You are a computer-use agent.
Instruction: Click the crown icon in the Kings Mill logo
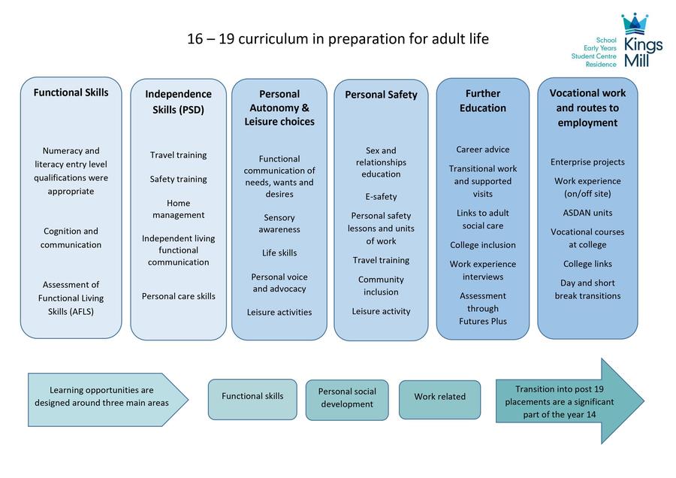635,24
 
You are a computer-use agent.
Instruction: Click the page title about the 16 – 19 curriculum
338,39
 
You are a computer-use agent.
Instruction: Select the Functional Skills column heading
71,92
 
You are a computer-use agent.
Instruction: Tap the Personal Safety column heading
381,95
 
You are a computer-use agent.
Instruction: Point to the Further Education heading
483,101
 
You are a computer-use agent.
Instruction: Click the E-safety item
381,197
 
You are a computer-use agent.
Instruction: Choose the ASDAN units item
587,213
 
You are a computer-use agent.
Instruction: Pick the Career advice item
483,150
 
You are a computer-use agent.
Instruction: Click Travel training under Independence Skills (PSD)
179,155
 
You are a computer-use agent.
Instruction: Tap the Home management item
179,209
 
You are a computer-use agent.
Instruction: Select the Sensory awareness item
279,223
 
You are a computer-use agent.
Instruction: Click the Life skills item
279,253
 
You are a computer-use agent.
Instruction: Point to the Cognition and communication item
71,237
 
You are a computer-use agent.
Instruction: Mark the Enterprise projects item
587,162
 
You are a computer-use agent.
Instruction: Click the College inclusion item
483,245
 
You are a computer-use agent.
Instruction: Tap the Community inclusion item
381,286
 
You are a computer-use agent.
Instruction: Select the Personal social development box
347,400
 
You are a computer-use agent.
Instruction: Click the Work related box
439,400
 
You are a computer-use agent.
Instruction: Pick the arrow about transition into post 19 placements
570,401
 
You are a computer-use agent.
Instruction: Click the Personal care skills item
179,296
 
